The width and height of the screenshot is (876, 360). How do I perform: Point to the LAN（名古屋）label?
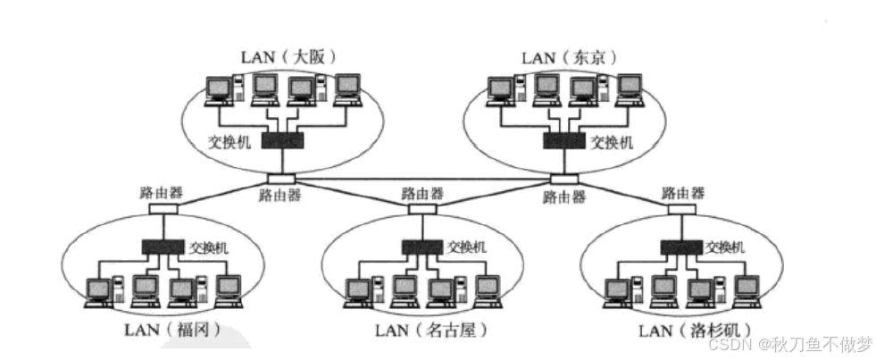[431, 331]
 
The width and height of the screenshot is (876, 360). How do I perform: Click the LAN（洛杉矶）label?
[695, 331]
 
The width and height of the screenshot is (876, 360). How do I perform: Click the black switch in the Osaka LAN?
[283, 140]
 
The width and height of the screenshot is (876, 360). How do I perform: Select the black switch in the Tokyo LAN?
[564, 140]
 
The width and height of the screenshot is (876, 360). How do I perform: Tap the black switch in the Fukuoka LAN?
[163, 246]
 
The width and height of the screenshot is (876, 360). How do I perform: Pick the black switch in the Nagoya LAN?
[422, 246]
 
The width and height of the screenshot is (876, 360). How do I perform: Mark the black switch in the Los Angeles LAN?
[681, 246]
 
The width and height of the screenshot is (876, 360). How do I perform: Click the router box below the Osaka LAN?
[281, 179]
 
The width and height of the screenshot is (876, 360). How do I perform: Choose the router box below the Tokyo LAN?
[564, 179]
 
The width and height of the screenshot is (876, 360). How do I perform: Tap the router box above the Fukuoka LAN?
[163, 209]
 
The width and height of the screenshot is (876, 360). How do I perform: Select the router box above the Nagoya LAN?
[422, 209]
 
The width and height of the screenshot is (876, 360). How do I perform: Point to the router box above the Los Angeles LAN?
[682, 209]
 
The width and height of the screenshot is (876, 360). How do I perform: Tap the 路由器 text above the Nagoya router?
[422, 194]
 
